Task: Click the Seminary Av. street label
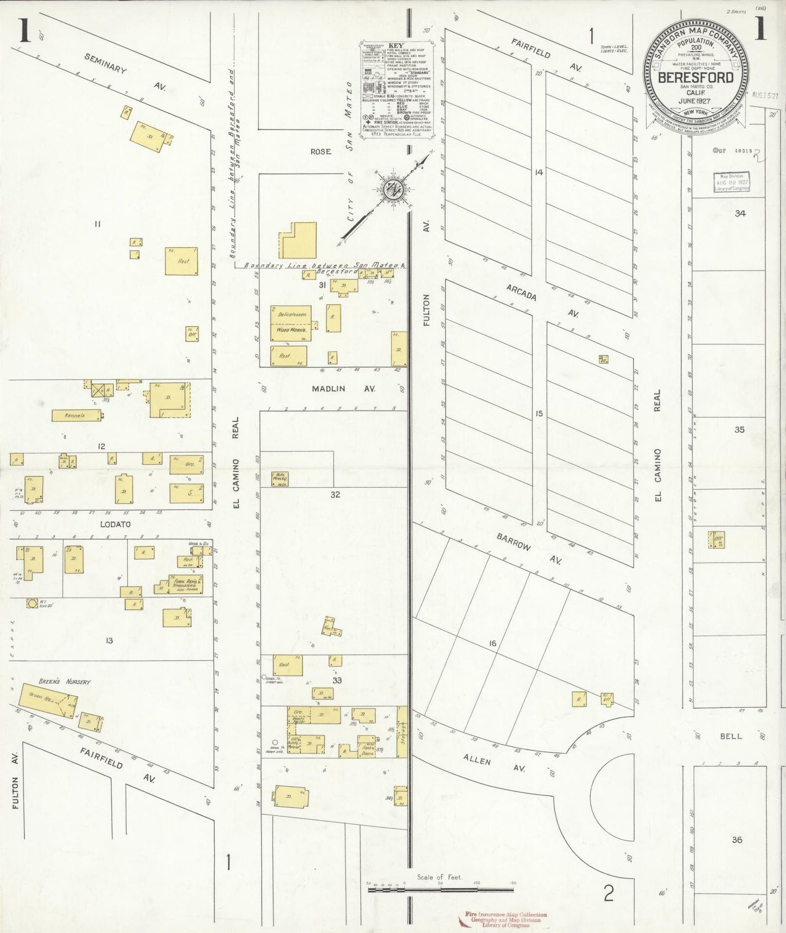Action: point(106,64)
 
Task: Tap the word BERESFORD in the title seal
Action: point(696,77)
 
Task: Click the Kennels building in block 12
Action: point(76,415)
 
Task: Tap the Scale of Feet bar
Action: point(440,889)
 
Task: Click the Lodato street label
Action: point(115,524)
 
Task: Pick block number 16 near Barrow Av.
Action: point(492,643)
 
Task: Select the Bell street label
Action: point(731,736)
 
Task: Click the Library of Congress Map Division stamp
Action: point(732,182)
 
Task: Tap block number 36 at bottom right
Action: point(737,840)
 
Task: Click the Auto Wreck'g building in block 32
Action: point(281,478)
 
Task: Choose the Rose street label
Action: point(320,151)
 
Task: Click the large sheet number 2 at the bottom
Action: point(609,893)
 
